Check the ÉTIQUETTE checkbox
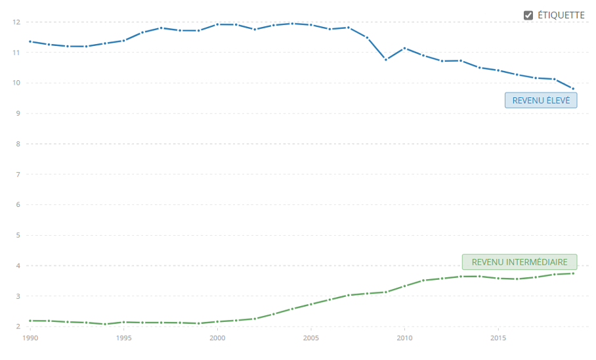pyautogui.click(x=528, y=15)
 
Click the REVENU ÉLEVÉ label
pyautogui.click(x=541, y=101)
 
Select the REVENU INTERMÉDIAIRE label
pyautogui.click(x=519, y=262)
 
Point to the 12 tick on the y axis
pyautogui.click(x=16, y=22)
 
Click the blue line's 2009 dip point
pyautogui.click(x=386, y=60)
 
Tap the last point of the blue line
pyautogui.click(x=573, y=89)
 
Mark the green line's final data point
pyautogui.click(x=573, y=273)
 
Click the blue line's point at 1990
pyautogui.click(x=30, y=41)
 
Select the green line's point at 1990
pyautogui.click(x=30, y=321)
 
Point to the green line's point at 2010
pyautogui.click(x=404, y=286)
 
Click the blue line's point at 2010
pyautogui.click(x=404, y=48)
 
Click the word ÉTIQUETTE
pyautogui.click(x=561, y=15)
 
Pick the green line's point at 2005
pyautogui.click(x=310, y=304)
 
